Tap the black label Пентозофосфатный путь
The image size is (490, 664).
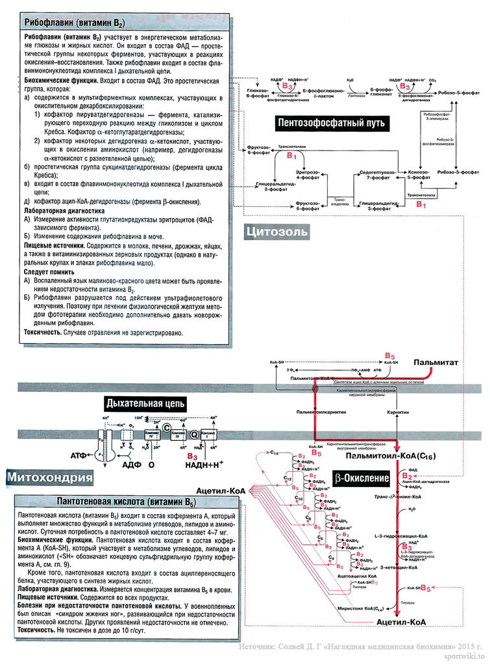331,122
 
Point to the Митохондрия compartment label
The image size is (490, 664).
50,478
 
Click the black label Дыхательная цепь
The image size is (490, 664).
141,403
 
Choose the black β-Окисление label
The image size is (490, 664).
361,479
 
